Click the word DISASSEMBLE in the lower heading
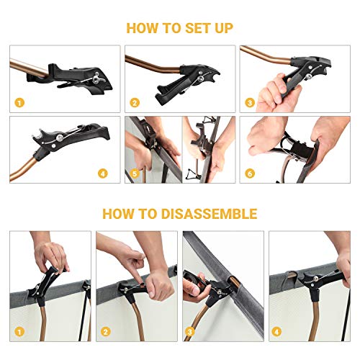coord(210,214)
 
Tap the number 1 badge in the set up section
coord(19,103)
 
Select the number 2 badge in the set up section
coord(135,103)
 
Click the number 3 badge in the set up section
coord(250,103)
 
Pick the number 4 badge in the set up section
coord(103,174)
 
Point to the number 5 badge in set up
coord(135,174)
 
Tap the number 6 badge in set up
coord(250,174)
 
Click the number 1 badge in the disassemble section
coord(19,332)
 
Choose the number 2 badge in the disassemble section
coord(105,332)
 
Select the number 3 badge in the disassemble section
coord(189,332)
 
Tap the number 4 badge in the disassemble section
coord(276,332)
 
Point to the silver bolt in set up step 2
coord(200,78)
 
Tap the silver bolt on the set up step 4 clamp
coord(60,138)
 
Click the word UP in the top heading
coord(224,28)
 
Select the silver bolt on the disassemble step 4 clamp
coord(315,279)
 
